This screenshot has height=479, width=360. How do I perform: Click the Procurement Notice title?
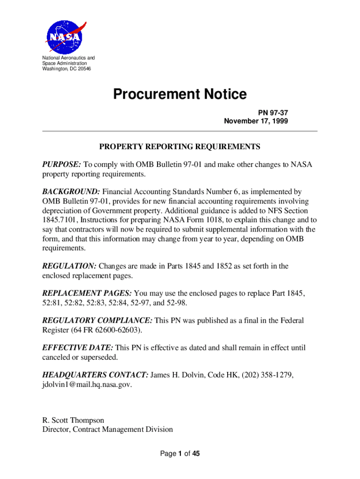[x=180, y=94]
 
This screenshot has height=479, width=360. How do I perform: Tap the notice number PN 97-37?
[x=273, y=113]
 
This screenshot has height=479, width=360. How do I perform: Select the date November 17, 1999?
[x=256, y=121]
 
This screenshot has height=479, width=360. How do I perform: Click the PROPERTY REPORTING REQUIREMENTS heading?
[x=180, y=147]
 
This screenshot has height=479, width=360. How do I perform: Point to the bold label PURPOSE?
[x=62, y=165]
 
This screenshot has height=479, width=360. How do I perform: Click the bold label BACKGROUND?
[x=71, y=192]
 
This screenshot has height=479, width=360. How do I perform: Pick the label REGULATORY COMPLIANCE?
[x=97, y=320]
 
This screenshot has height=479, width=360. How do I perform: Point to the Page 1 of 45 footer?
[x=180, y=453]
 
